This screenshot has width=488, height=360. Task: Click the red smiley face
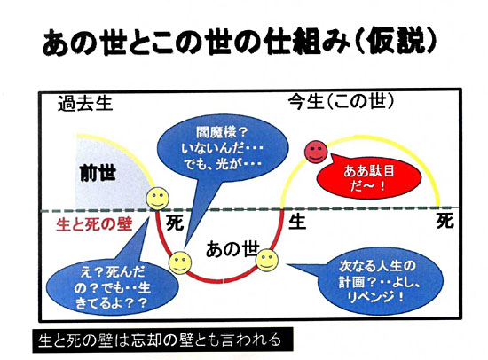pyautogui.click(x=316, y=152)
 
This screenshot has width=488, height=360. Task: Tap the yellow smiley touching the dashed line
pyautogui.click(x=158, y=199)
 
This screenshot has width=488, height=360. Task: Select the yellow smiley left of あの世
pyautogui.click(x=180, y=262)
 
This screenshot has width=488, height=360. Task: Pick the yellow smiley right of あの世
pyautogui.click(x=267, y=260)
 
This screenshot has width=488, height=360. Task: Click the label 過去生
pyautogui.click(x=85, y=104)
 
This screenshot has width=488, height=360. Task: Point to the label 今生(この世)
pyautogui.click(x=341, y=101)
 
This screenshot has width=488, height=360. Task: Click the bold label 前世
pyautogui.click(x=98, y=173)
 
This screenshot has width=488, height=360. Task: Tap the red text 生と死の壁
pyautogui.click(x=94, y=224)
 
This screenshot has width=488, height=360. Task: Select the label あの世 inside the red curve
pyautogui.click(x=232, y=249)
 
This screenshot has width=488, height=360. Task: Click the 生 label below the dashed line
pyautogui.click(x=297, y=222)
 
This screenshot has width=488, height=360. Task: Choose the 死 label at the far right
pyautogui.click(x=445, y=221)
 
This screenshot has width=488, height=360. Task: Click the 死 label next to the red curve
pyautogui.click(x=175, y=223)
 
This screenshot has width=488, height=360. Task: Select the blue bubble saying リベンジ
pyautogui.click(x=380, y=282)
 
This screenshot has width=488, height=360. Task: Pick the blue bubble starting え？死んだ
pyautogui.click(x=113, y=287)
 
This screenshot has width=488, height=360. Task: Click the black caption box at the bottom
pyautogui.click(x=162, y=340)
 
